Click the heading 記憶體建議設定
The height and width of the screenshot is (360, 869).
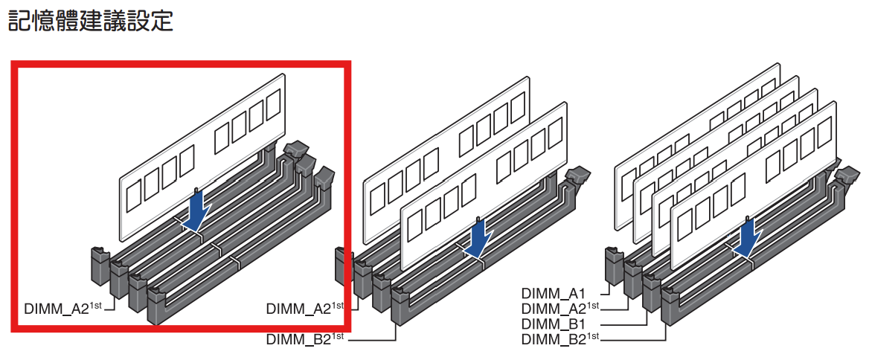[90, 20]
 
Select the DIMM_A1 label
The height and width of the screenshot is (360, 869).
[554, 293]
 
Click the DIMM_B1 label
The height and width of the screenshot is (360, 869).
[554, 324]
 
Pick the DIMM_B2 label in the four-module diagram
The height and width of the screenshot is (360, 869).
[554, 339]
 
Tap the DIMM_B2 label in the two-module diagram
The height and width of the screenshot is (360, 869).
[298, 339]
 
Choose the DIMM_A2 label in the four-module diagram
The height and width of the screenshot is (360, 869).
[554, 308]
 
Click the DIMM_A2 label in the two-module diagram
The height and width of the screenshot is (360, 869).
[298, 307]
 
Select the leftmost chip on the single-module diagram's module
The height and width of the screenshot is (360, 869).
[135, 198]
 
